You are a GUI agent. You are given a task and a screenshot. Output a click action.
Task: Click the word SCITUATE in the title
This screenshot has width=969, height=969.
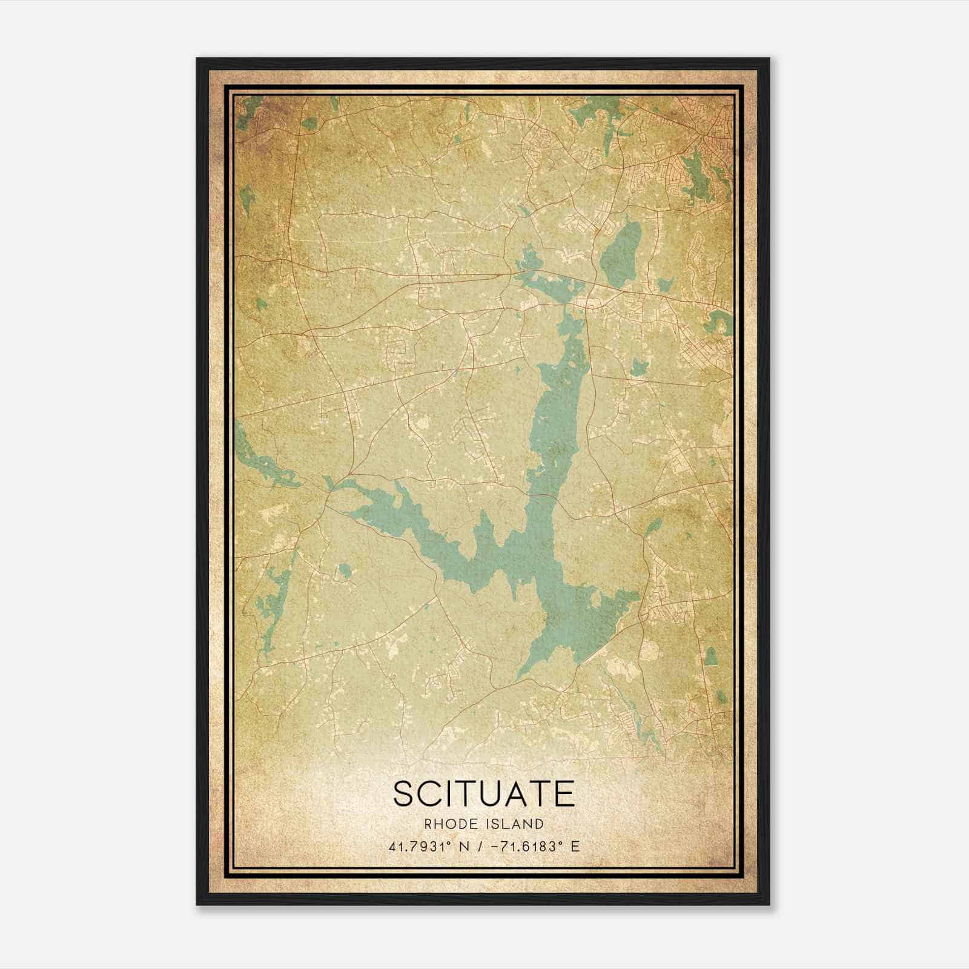pyautogui.click(x=484, y=794)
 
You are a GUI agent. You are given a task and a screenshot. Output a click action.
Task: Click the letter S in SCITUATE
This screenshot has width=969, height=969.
pyautogui.click(x=405, y=794)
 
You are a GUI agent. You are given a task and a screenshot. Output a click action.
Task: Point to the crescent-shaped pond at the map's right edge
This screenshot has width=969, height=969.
pyautogui.click(x=721, y=323)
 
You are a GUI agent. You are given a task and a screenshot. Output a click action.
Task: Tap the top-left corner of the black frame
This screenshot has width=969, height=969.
pyautogui.click(x=197, y=59)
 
